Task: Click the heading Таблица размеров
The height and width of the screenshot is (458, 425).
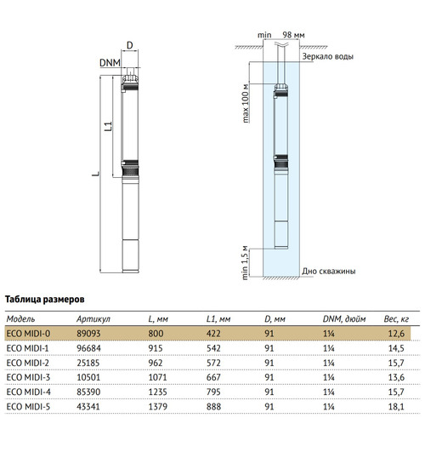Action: pyautogui.click(x=45, y=300)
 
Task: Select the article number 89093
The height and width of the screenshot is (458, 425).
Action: pyautogui.click(x=88, y=333)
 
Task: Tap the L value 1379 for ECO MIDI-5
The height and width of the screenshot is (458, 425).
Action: pyautogui.click(x=158, y=406)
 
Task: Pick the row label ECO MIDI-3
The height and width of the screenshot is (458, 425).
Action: pyautogui.click(x=28, y=377)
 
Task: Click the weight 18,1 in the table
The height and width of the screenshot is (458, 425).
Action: pyautogui.click(x=396, y=406)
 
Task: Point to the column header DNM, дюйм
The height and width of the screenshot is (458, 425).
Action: pyautogui.click(x=344, y=319)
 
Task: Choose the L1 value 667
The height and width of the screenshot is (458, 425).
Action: pyautogui.click(x=213, y=377)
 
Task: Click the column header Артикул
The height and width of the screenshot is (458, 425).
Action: pyautogui.click(x=93, y=319)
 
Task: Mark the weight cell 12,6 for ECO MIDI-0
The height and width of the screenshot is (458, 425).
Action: pyautogui.click(x=396, y=333)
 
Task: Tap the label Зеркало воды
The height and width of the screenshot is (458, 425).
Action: pyautogui.click(x=327, y=56)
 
